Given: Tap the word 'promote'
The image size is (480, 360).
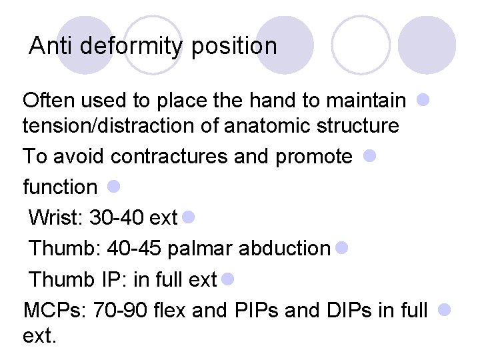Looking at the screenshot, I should click(x=313, y=156).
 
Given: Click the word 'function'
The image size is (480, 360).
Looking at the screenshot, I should click(x=60, y=187).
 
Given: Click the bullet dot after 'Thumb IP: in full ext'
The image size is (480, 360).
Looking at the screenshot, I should click(x=227, y=278).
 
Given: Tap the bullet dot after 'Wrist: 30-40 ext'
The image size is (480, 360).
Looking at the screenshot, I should click(x=187, y=217).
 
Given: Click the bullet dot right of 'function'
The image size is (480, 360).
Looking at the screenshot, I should click(x=113, y=186).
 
